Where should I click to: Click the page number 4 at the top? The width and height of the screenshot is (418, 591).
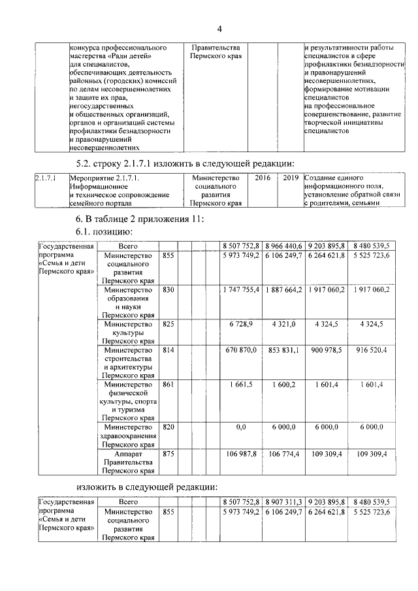(x=219, y=29)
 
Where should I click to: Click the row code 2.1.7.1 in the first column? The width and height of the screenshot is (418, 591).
(x=45, y=178)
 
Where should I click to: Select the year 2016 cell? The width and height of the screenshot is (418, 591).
(x=263, y=178)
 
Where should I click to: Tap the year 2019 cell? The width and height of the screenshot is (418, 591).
(x=291, y=178)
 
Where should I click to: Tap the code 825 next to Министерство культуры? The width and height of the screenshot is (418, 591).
(x=169, y=324)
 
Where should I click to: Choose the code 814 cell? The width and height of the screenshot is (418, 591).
(x=169, y=350)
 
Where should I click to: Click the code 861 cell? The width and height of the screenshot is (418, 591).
(x=169, y=385)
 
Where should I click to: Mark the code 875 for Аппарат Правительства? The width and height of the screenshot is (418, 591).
(x=169, y=453)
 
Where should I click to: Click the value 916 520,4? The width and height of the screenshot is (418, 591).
(x=370, y=350)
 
